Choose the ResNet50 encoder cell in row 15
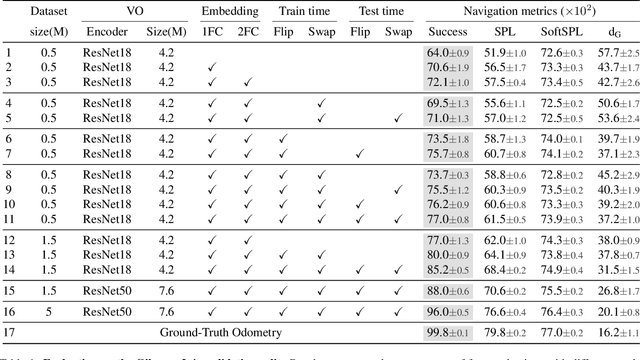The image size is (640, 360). click(x=110, y=290)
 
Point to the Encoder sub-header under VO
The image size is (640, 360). click(x=110, y=31)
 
